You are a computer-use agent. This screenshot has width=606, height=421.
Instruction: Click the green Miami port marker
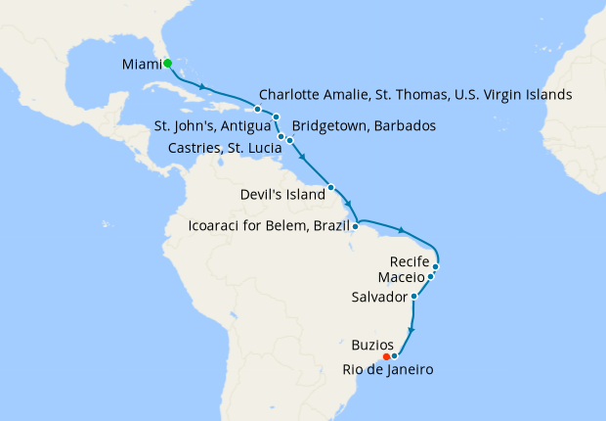pyautogui.click(x=167, y=64)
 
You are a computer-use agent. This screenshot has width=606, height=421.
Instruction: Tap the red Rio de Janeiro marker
pyautogui.click(x=386, y=356)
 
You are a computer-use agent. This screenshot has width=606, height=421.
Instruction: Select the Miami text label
pyautogui.click(x=142, y=65)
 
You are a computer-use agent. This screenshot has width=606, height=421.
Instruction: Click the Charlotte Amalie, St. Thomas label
pyautogui.click(x=415, y=96)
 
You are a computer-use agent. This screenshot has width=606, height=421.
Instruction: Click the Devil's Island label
pyautogui.click(x=281, y=195)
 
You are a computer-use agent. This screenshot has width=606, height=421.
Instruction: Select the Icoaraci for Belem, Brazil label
pyautogui.click(x=268, y=227)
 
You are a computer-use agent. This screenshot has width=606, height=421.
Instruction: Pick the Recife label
pyautogui.click(x=409, y=262)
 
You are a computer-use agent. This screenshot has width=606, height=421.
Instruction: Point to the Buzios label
pyautogui.click(x=372, y=346)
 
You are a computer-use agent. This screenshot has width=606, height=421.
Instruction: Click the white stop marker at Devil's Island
pyautogui.click(x=331, y=187)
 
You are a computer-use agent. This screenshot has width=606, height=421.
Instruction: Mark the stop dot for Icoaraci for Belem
pyautogui.click(x=356, y=227)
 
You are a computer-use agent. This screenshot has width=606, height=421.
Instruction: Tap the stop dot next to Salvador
pyautogui.click(x=414, y=296)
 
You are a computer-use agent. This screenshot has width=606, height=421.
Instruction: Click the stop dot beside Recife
pyautogui.click(x=436, y=265)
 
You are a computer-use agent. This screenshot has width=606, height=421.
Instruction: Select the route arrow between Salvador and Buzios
pyautogui.click(x=412, y=330)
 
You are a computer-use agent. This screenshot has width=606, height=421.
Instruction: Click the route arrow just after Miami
pyautogui.click(x=201, y=86)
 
